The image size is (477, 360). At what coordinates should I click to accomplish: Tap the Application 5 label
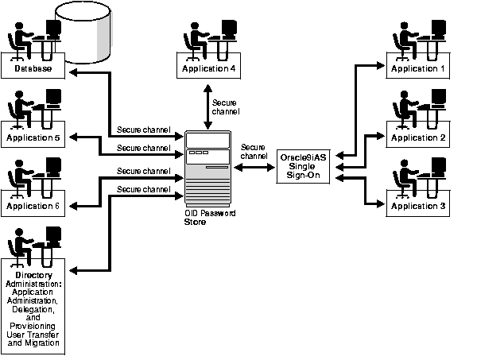point(33,138)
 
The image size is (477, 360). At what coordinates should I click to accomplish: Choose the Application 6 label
point(33,206)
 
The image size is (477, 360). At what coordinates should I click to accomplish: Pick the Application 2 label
point(418,138)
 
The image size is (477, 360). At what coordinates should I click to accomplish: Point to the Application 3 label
point(418,206)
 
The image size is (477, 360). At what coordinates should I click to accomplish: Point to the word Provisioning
point(33,326)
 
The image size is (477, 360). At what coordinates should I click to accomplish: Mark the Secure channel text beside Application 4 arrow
point(225,107)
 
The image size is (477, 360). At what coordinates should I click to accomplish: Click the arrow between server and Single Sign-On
point(254,167)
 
